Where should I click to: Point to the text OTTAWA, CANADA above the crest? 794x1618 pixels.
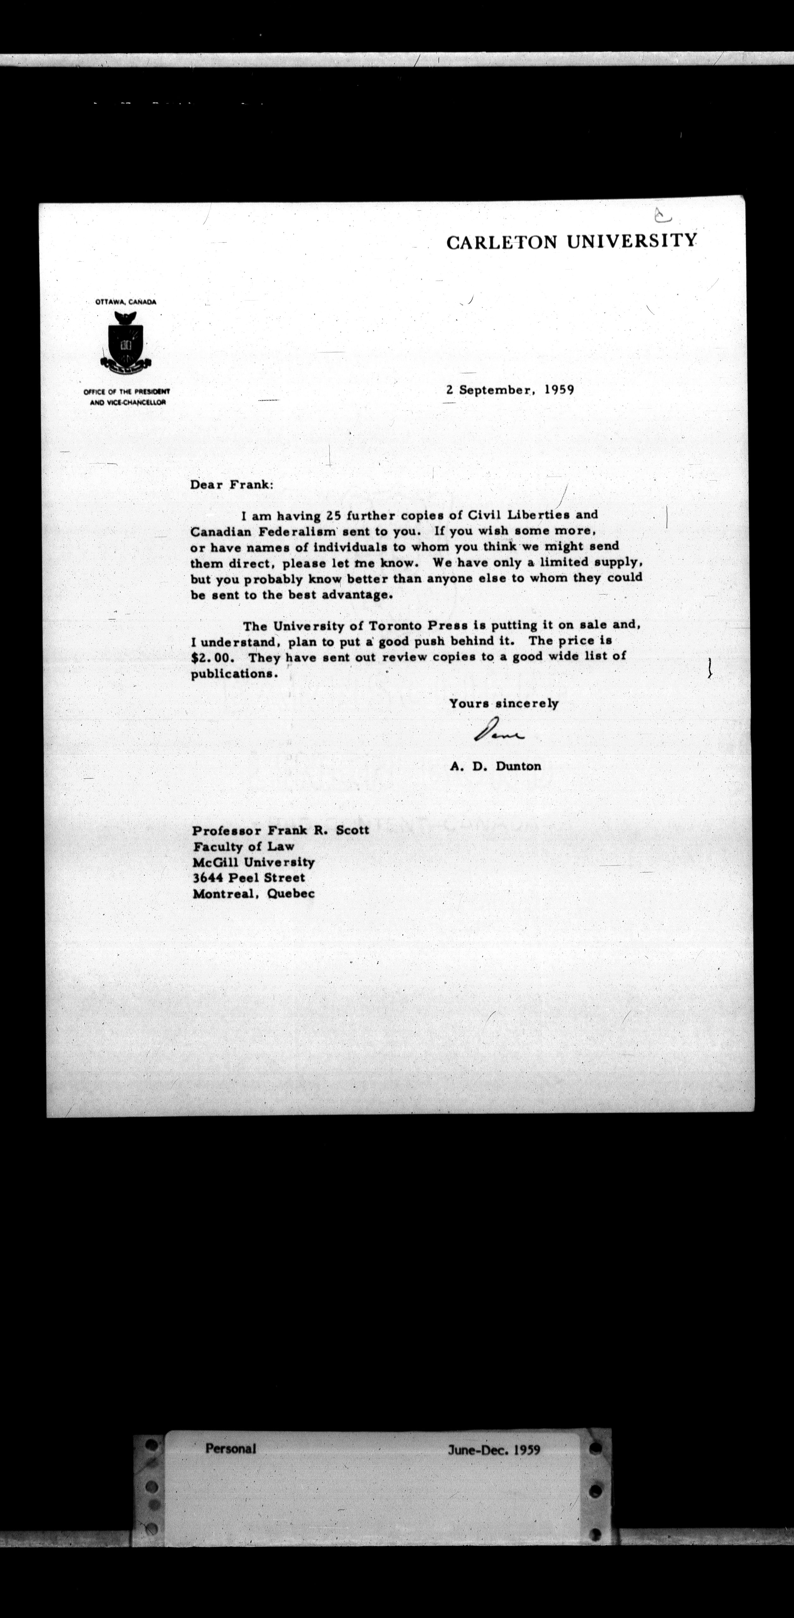point(125,301)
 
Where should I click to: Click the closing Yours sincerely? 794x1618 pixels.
point(503,703)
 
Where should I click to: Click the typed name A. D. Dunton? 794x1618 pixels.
point(495,766)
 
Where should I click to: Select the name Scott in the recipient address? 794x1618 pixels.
point(352,830)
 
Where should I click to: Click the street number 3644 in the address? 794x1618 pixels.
point(208,878)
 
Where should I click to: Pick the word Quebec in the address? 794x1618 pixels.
point(291,893)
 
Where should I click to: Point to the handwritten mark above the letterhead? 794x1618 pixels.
point(662,216)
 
